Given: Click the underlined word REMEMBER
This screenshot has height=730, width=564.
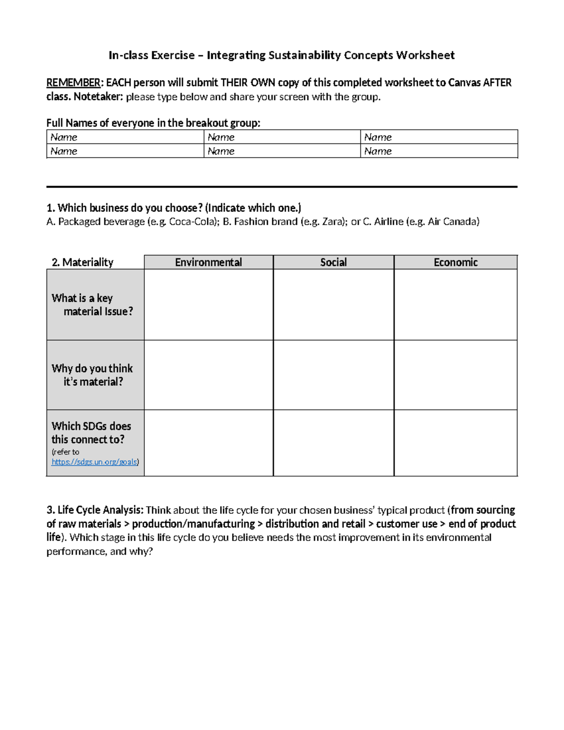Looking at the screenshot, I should [x=73, y=83].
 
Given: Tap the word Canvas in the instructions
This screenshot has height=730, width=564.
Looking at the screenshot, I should [x=465, y=83].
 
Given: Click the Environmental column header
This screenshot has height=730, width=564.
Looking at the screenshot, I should [x=208, y=262].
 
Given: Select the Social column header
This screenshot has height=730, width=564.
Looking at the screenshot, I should [x=333, y=262].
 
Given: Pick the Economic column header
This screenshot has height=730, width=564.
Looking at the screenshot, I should [x=455, y=262].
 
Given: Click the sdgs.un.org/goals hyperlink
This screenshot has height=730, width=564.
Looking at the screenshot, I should [x=94, y=462].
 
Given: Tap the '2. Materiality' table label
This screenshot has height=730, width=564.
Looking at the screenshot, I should [x=83, y=262].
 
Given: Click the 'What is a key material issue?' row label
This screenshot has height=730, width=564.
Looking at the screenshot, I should [x=93, y=305].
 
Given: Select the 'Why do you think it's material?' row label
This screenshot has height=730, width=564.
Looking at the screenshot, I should [x=93, y=375].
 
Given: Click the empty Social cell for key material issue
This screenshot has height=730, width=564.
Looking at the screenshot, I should [x=333, y=305].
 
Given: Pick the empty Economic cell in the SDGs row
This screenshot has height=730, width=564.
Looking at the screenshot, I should [x=455, y=443].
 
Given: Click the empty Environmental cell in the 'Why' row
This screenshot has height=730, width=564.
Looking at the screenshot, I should [x=208, y=375].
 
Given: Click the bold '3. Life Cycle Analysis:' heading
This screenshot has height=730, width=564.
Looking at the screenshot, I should [x=95, y=510].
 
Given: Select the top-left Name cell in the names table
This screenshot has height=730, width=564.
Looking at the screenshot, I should [x=125, y=137].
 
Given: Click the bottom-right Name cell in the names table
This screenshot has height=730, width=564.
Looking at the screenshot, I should [x=439, y=151].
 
